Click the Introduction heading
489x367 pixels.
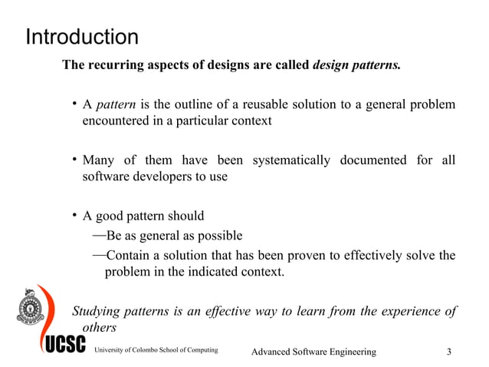pos(82,37)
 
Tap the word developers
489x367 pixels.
pos(162,177)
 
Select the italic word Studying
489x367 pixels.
pos(97,311)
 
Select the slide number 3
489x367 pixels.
pos(449,352)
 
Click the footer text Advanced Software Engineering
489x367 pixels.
pos(314,352)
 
